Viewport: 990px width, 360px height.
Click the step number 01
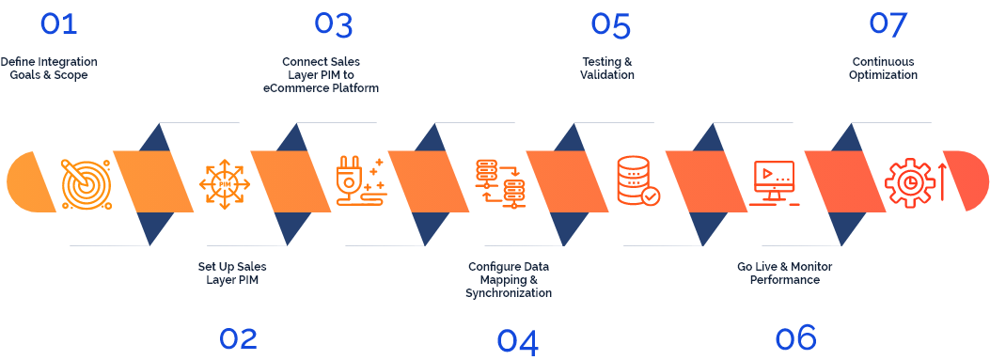[58, 23]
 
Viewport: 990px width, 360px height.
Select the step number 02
[238, 338]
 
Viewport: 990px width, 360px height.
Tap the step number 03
[334, 23]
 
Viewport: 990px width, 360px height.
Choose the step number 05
[610, 25]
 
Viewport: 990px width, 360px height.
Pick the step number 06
[795, 337]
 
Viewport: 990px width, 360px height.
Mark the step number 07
[887, 23]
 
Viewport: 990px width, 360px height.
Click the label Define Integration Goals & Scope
[49, 69]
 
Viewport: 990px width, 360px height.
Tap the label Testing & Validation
[606, 69]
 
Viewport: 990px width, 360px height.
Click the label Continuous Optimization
[883, 69]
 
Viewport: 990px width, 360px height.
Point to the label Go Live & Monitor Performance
[784, 274]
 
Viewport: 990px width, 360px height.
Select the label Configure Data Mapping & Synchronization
[509, 280]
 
